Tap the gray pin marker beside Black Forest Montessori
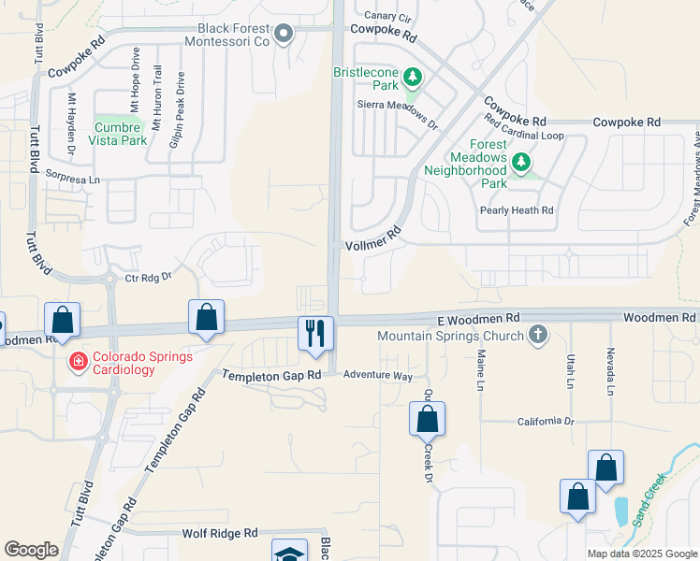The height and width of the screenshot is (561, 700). (285, 36)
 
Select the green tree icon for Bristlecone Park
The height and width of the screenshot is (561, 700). (410, 75)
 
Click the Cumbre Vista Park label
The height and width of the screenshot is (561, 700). (118, 134)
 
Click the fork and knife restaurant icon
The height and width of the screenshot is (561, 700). (315, 332)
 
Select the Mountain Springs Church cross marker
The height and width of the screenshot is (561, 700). (537, 334)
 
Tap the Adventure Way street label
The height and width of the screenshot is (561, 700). (377, 375)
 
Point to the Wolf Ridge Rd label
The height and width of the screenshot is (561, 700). (220, 533)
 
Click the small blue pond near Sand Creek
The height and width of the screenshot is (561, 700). (621, 511)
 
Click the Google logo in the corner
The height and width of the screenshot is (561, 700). (32, 550)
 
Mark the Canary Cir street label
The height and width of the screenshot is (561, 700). (387, 16)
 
